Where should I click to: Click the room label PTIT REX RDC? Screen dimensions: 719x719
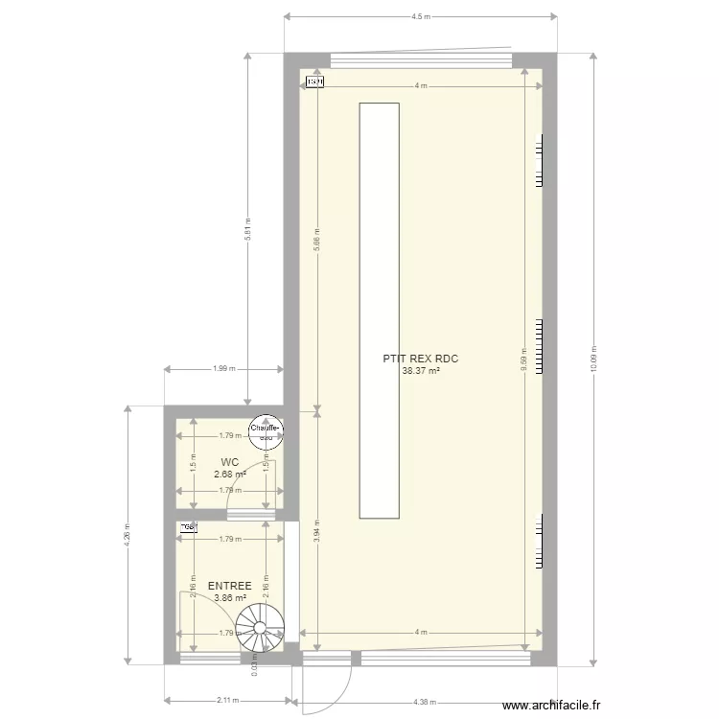click(421, 359)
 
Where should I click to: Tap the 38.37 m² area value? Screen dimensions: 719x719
click(421, 371)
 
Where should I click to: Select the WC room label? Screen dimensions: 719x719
click(229, 462)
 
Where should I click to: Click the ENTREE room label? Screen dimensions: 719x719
click(229, 586)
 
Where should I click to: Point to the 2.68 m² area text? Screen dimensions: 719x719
click(229, 474)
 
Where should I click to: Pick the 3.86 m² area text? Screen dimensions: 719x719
click(229, 597)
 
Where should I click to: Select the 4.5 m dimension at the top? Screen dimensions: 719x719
click(421, 17)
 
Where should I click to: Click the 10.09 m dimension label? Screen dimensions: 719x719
click(594, 359)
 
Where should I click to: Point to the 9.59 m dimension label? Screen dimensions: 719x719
click(523, 359)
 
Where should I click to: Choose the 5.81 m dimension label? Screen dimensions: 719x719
click(247, 230)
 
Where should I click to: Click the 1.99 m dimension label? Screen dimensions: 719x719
click(224, 368)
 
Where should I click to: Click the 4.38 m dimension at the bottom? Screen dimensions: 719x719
click(422, 700)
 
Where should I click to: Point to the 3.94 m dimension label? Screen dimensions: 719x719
click(316, 538)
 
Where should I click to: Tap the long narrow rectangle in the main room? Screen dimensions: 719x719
click(379, 311)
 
